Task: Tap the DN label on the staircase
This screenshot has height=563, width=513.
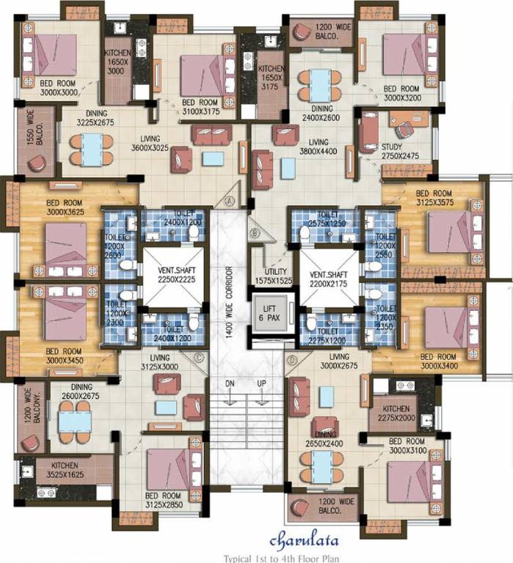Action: [229, 384]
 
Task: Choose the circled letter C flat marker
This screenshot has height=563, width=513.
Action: [200, 358]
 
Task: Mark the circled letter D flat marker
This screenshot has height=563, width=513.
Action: [294, 360]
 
